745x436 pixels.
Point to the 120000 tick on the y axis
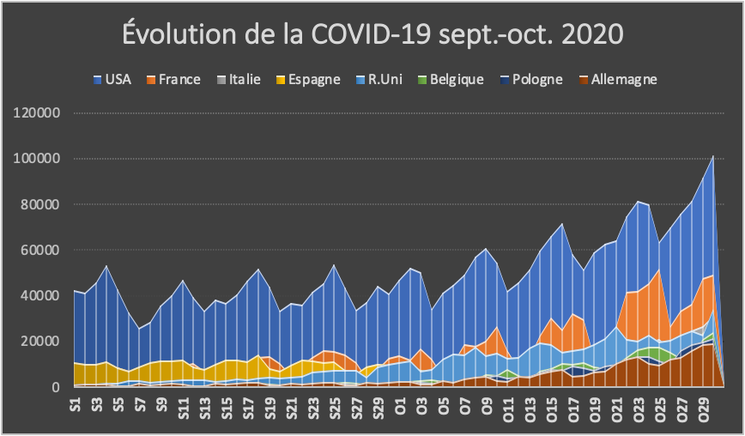pyautogui.click(x=37, y=113)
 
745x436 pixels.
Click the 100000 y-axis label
pyautogui.click(x=37, y=159)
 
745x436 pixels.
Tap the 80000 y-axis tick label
pyautogui.click(x=40, y=204)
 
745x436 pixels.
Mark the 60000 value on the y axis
pyautogui.click(x=40, y=250)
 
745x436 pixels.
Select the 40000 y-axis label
pyautogui.click(x=40, y=295)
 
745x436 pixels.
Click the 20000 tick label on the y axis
pyautogui.click(x=40, y=342)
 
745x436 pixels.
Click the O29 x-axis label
pyautogui.click(x=704, y=405)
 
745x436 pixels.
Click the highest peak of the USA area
pyautogui.click(x=713, y=157)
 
